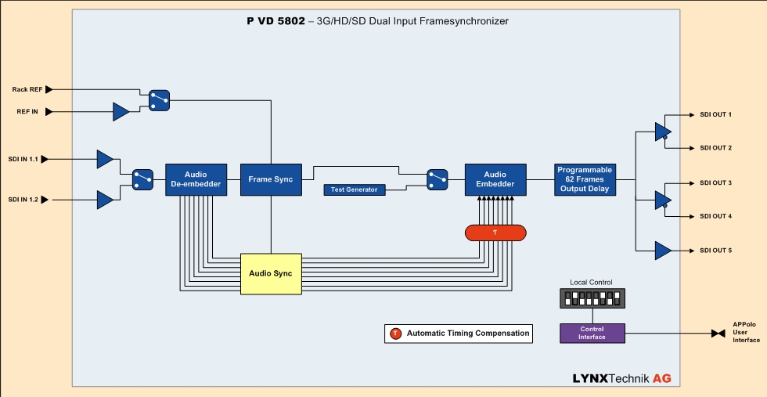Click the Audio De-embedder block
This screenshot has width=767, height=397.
[196, 179]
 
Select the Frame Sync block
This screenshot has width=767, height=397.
[270, 179]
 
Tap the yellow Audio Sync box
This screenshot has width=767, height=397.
[271, 274]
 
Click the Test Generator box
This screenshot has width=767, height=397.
[354, 189]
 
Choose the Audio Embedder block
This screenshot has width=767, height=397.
[495, 179]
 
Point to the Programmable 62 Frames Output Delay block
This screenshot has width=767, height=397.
[585, 179]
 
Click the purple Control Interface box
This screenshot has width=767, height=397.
[592, 333]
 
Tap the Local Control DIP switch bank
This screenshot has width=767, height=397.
[592, 298]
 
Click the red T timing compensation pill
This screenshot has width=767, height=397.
[495, 233]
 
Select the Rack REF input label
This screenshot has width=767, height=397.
[27, 89]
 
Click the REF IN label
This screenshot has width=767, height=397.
[27, 112]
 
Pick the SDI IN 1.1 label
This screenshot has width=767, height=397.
[23, 159]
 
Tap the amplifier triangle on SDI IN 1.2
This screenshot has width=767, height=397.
[105, 200]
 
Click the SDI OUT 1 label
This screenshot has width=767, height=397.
[715, 114]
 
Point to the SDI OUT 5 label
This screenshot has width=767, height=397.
[715, 251]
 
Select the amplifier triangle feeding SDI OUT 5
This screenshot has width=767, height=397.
[663, 251]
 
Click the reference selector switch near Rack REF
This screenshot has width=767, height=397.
[159, 100]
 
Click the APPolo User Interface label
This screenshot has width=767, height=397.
[746, 333]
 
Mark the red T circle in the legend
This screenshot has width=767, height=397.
[395, 334]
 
